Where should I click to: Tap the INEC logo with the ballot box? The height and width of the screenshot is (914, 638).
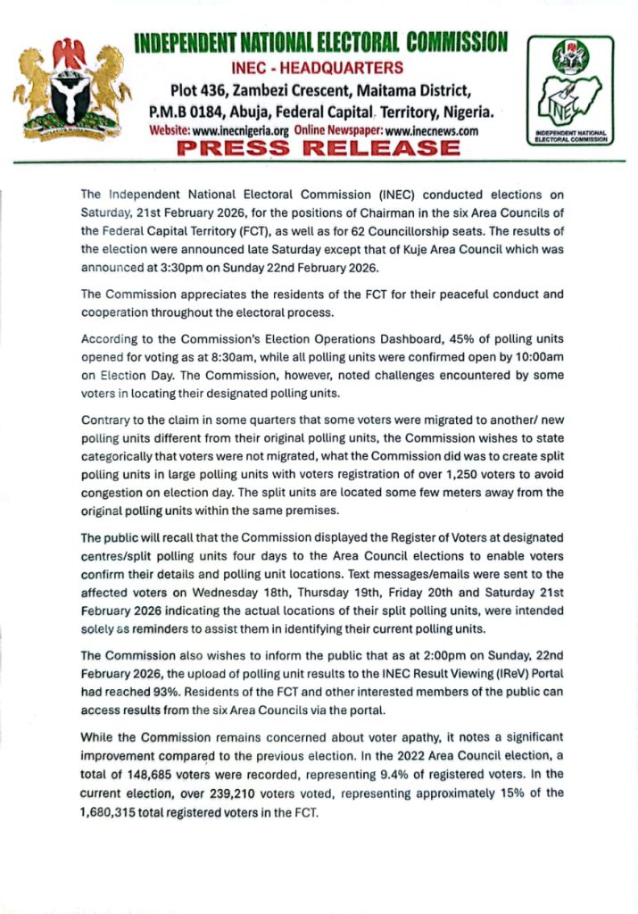[x=570, y=89]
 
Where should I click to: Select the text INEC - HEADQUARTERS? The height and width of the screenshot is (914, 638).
[x=318, y=67]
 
